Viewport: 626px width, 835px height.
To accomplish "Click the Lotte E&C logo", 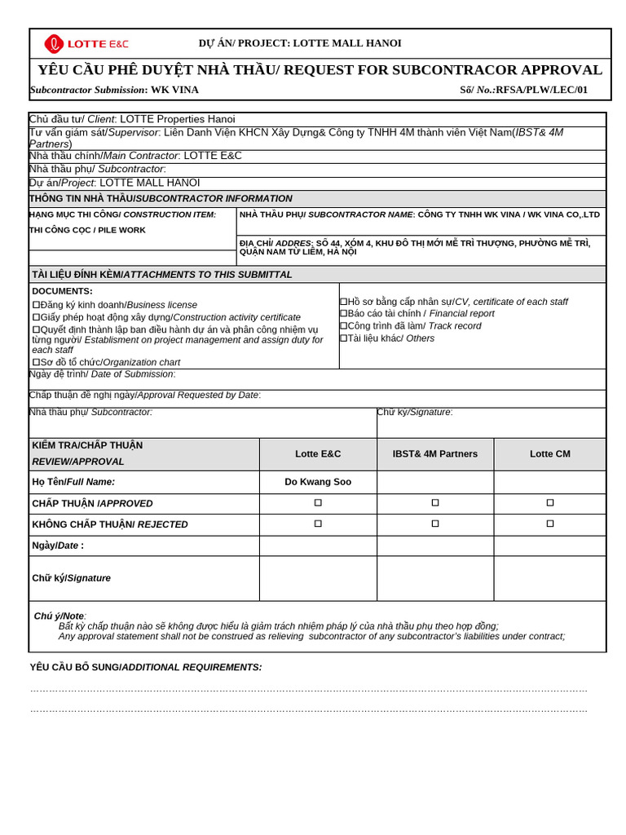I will pyautogui.click(x=86, y=44).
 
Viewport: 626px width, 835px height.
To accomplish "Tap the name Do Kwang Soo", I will pyautogui.click(x=318, y=482).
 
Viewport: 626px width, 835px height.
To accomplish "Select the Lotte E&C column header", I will pyautogui.click(x=318, y=453).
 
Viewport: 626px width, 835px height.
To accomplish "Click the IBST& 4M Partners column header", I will pyautogui.click(x=435, y=453).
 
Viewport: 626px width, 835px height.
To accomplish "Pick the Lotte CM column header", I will pyautogui.click(x=550, y=453).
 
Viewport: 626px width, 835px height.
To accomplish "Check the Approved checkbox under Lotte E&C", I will pyautogui.click(x=318, y=503).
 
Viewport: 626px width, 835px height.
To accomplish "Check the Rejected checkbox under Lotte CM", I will pyautogui.click(x=550, y=524).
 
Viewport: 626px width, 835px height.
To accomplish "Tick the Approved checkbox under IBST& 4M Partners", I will pyautogui.click(x=435, y=503).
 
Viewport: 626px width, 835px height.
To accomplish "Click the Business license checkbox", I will pyautogui.click(x=36, y=305).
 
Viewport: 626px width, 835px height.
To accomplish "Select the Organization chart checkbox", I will pyautogui.click(x=36, y=362).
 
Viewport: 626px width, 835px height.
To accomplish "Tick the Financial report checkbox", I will pyautogui.click(x=343, y=313).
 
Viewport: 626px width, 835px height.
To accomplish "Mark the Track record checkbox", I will pyautogui.click(x=343, y=325).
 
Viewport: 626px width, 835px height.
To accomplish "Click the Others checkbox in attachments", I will pyautogui.click(x=343, y=338).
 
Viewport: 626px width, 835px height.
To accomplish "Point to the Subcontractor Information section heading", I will pyautogui.click(x=161, y=198).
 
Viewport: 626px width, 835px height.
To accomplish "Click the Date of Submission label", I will pyautogui.click(x=102, y=374).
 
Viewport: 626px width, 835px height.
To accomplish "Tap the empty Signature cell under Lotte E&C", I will pyautogui.click(x=318, y=578).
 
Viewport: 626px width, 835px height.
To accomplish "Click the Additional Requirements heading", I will pyautogui.click(x=146, y=667).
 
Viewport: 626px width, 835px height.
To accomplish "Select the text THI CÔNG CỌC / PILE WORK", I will pyautogui.click(x=87, y=230).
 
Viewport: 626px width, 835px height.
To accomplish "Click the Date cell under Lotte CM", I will pyautogui.click(x=550, y=546).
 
